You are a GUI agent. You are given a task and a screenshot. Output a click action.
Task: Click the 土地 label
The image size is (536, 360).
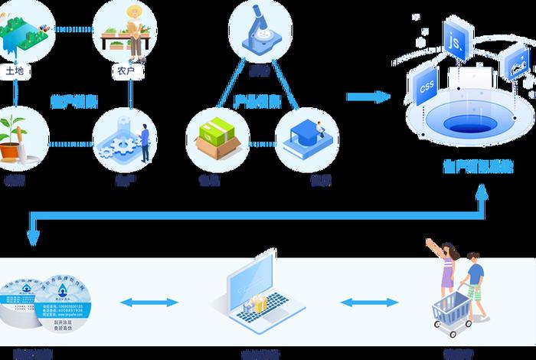[15, 71]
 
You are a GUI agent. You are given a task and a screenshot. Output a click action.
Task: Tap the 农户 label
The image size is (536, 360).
[127, 71]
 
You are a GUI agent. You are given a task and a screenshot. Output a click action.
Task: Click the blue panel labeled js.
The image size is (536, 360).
[457, 42]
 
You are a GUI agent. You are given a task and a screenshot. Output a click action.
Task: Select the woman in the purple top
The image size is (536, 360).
[446, 268]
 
